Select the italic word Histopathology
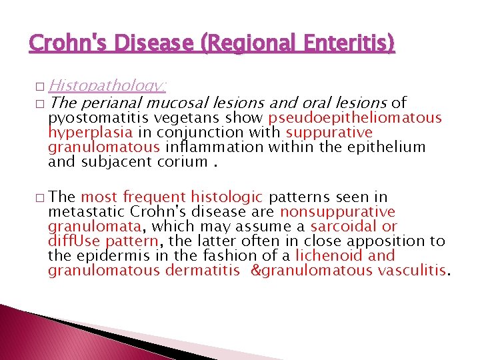tap(107, 85)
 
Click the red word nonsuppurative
tap(337, 212)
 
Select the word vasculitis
tap(413, 270)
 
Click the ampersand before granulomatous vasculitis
tap(256, 270)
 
